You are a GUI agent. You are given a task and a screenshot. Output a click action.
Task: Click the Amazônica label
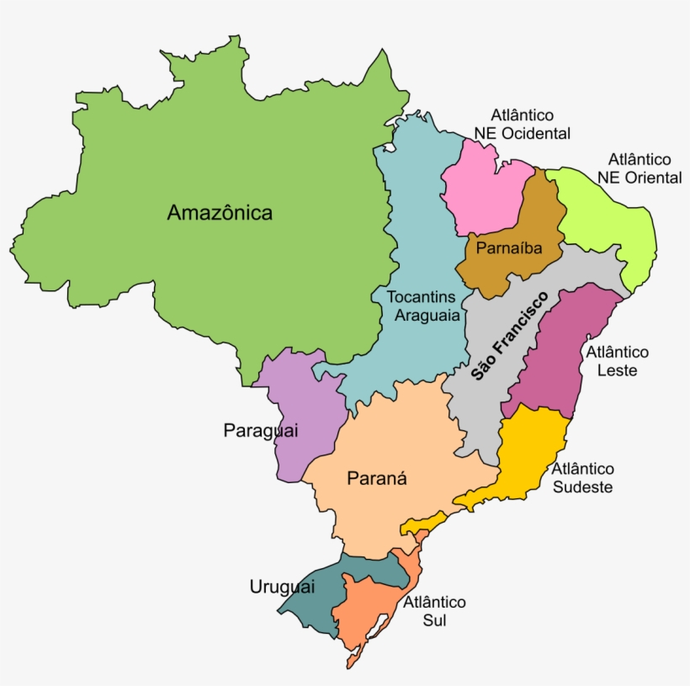tap(220, 212)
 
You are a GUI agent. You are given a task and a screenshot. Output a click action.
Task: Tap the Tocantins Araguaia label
tap(423, 306)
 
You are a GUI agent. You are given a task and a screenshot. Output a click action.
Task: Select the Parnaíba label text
tap(507, 248)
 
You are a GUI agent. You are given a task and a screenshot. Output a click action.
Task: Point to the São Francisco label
tap(509, 336)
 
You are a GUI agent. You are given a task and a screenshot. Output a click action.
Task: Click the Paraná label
tap(377, 479)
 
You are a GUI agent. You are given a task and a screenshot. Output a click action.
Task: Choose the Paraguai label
tap(261, 430)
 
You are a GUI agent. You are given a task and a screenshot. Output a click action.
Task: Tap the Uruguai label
tap(282, 587)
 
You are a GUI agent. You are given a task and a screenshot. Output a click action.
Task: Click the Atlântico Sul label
tap(434, 611)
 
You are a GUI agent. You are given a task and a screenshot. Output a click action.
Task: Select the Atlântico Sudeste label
tap(583, 477)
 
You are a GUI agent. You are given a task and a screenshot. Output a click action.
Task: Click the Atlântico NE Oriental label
tap(640, 168)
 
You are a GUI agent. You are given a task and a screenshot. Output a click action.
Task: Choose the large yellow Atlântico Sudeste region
tap(526, 455)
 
